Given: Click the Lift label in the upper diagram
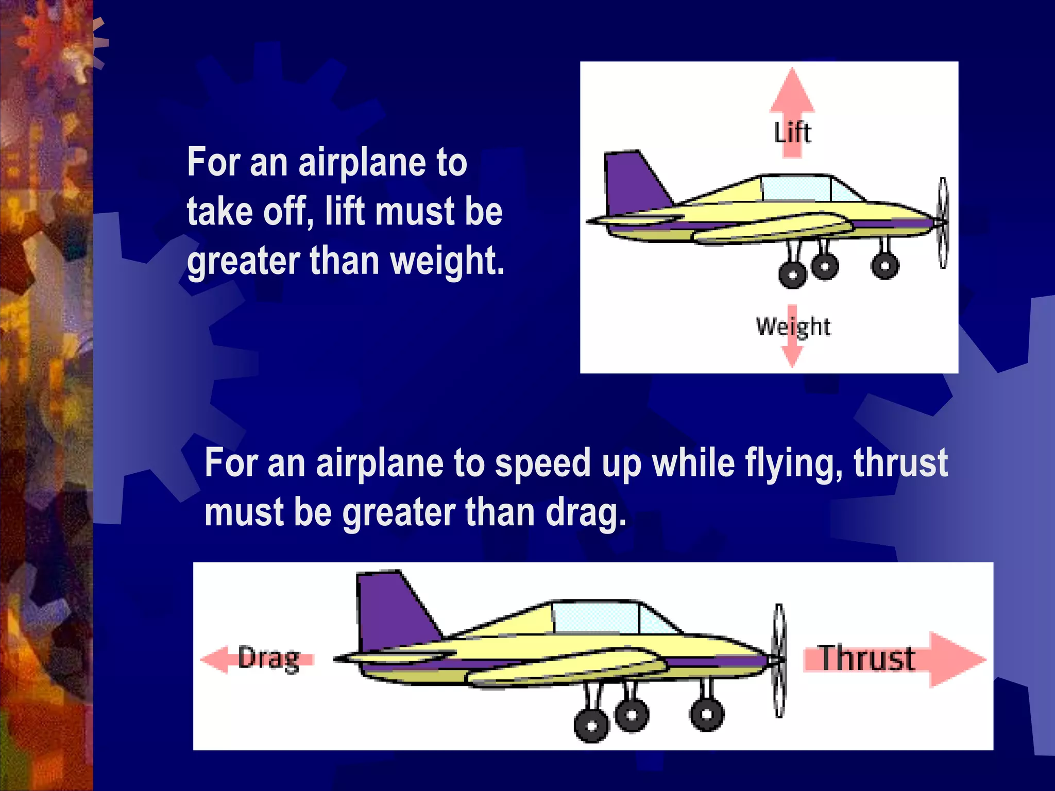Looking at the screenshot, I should coord(792,133).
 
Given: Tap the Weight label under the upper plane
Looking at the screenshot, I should coord(793,326).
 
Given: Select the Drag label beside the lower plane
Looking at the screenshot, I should coord(268,659).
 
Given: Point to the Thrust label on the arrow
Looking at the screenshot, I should coord(867,659).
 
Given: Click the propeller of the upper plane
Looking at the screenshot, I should coord(943,222).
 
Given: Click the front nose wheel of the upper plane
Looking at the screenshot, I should coord(885,265).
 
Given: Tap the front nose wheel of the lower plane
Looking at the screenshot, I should coord(707,714).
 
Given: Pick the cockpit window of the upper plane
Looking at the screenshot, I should coord(796,189).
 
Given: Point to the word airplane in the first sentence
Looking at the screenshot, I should coord(363,163).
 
